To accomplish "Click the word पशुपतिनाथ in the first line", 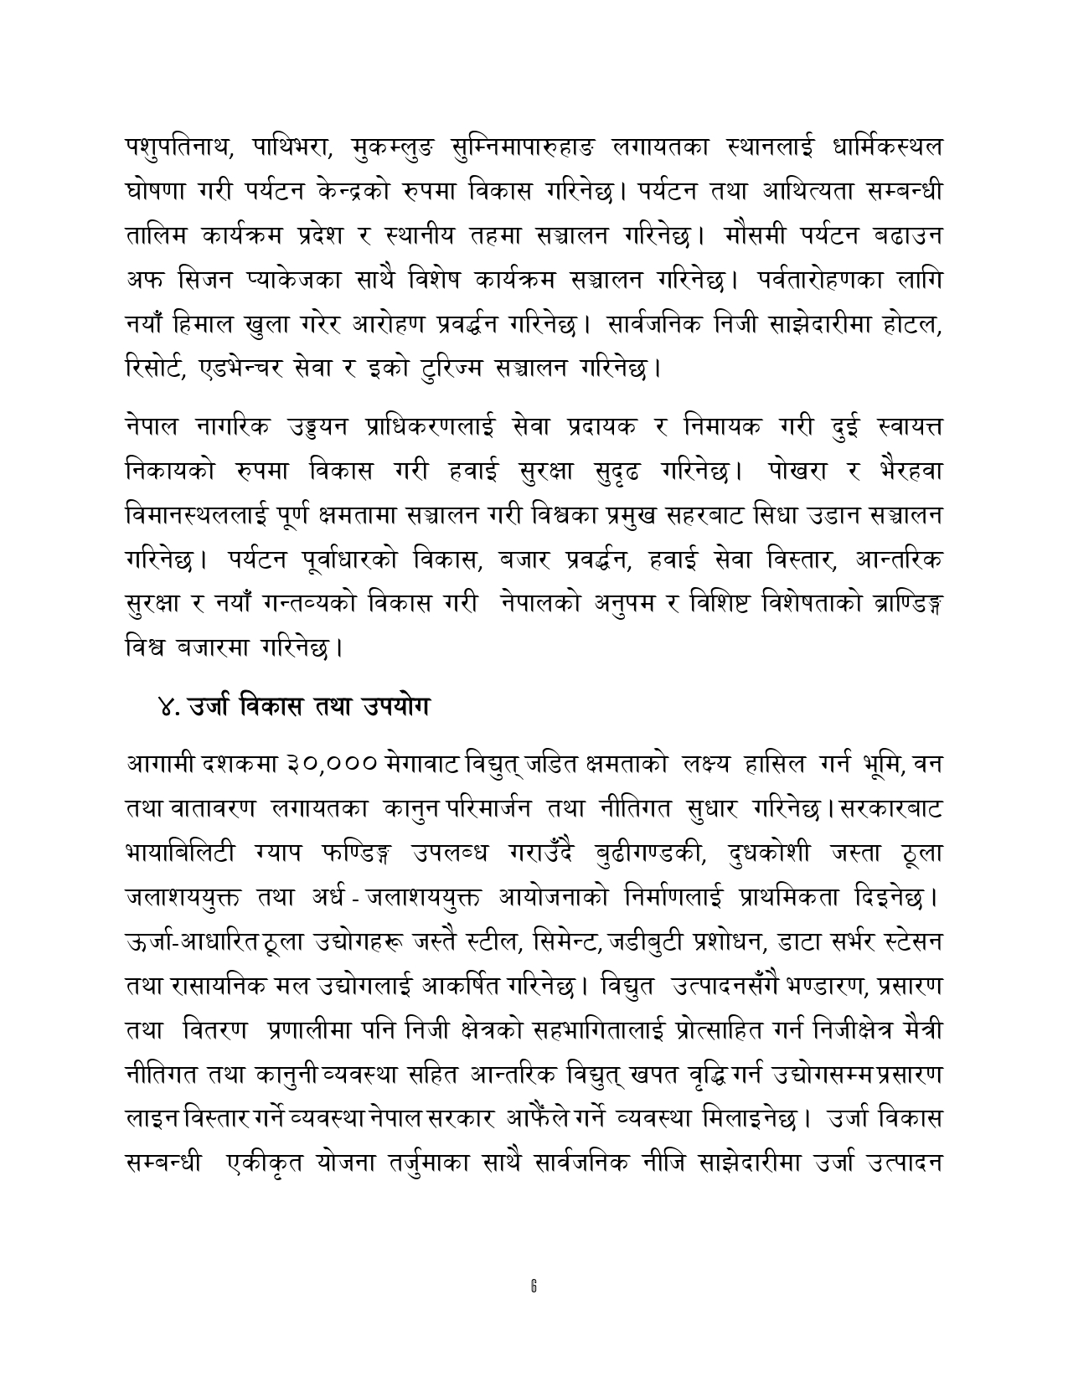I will tap(173, 147).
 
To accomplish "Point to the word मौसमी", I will tap(758, 235).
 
